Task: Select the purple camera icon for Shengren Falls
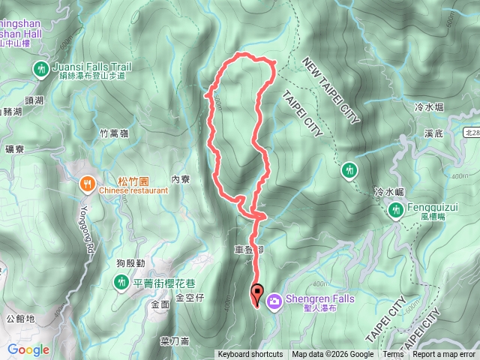pos(274,301)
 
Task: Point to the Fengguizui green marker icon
pos(394,211)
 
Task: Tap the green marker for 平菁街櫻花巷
pos(121,282)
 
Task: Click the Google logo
pos(28,349)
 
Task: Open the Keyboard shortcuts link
pos(250,355)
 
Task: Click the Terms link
pos(392,355)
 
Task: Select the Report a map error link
pos(444,355)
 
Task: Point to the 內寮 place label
pos(181,179)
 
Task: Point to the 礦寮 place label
pos(14,149)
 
